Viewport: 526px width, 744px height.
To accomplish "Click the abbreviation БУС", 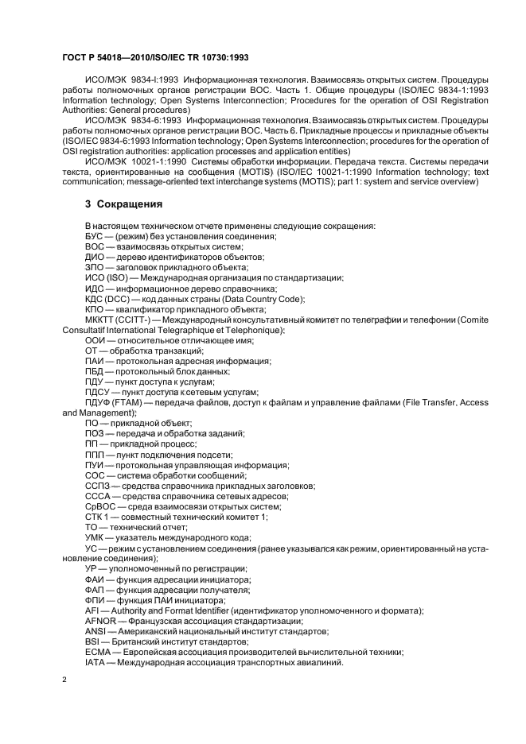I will coord(95,237).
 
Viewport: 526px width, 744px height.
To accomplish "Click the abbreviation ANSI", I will coord(95,630).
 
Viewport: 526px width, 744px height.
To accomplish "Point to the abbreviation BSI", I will coord(92,641).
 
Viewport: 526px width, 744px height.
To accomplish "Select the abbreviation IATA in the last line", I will coord(95,662).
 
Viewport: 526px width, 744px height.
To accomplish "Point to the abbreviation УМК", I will coord(95,537).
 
